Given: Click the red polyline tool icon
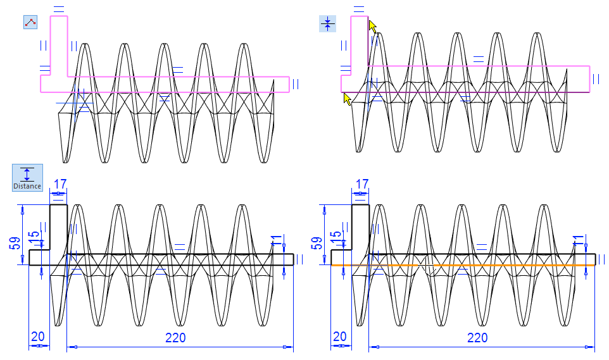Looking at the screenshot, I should coord(30,23).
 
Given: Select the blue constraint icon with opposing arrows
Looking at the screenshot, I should coord(327,24).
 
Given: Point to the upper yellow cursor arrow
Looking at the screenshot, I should coord(372,27).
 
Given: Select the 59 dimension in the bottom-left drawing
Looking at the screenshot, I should coord(15,242).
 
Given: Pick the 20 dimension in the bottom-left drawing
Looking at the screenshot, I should coord(38,337).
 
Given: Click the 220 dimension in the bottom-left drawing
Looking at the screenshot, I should coord(175,337).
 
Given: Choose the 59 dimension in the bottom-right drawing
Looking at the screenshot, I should coord(317,242).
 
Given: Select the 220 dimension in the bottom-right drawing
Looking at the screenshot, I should coord(477,337).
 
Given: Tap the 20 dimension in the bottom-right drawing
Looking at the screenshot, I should coord(341,337).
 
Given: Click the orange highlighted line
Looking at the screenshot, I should coord(462,265).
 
